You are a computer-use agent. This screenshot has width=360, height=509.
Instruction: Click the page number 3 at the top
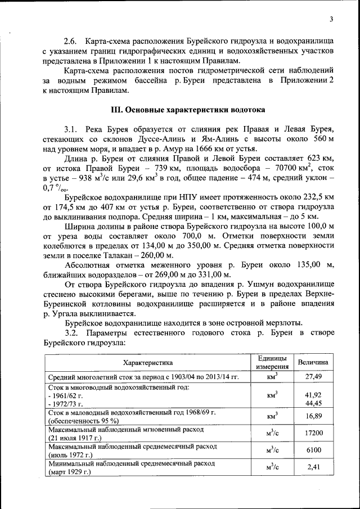tap(331, 20)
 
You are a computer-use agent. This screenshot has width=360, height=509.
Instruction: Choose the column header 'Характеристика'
tap(148, 363)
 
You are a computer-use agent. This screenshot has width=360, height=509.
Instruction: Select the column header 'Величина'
tap(313, 363)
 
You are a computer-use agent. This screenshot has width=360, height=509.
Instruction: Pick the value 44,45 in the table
tap(313, 403)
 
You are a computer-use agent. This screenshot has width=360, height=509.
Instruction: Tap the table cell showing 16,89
tap(313, 416)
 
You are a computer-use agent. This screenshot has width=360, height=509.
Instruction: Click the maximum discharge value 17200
tap(313, 433)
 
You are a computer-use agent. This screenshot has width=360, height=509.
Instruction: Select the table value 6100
tap(313, 450)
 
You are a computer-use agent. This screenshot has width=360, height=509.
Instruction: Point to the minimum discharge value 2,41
tap(313, 467)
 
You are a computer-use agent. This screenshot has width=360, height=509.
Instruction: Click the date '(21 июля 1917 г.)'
tap(75, 438)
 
